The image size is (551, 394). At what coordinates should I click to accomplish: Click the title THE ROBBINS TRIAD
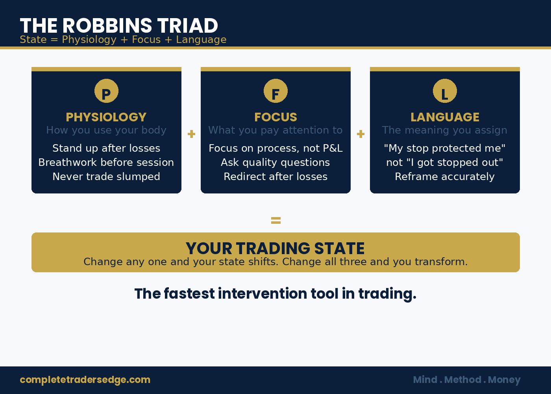(x=119, y=26)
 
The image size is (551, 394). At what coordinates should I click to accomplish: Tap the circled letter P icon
(x=106, y=91)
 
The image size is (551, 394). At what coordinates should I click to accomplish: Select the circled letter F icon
(x=275, y=91)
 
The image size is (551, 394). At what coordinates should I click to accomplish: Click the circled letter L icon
(x=445, y=91)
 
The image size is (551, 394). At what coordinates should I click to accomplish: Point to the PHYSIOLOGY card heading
(x=106, y=117)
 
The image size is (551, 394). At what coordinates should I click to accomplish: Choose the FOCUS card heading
(x=275, y=117)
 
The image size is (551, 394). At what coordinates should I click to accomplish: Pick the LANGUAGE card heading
(x=445, y=117)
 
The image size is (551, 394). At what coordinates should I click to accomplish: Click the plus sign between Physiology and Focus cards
(x=191, y=134)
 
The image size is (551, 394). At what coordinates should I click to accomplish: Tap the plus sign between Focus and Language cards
(x=361, y=134)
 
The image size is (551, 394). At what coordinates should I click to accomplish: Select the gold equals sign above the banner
(x=275, y=221)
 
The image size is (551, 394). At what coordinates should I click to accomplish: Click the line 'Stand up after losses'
(x=106, y=148)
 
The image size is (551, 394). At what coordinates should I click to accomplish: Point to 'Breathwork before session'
(x=106, y=162)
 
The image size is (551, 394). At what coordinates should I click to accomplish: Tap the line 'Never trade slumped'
(x=106, y=177)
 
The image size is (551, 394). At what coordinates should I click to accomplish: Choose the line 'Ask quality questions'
(x=275, y=162)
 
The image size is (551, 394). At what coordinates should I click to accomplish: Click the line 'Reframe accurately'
(x=445, y=177)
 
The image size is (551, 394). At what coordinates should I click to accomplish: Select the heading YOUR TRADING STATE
(x=275, y=248)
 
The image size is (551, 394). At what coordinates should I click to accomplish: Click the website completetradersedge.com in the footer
(x=85, y=380)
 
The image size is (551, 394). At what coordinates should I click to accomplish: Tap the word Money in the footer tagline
(x=504, y=380)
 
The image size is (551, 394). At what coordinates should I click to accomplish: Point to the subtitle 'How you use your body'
(x=106, y=130)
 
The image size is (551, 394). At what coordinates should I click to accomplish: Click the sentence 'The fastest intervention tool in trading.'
(x=275, y=294)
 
